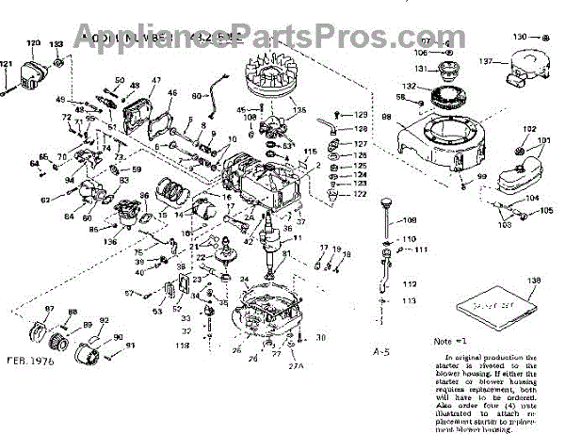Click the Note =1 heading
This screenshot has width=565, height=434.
tap(450, 341)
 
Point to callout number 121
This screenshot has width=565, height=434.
tap(7, 65)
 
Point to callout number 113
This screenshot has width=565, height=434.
tap(407, 300)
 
